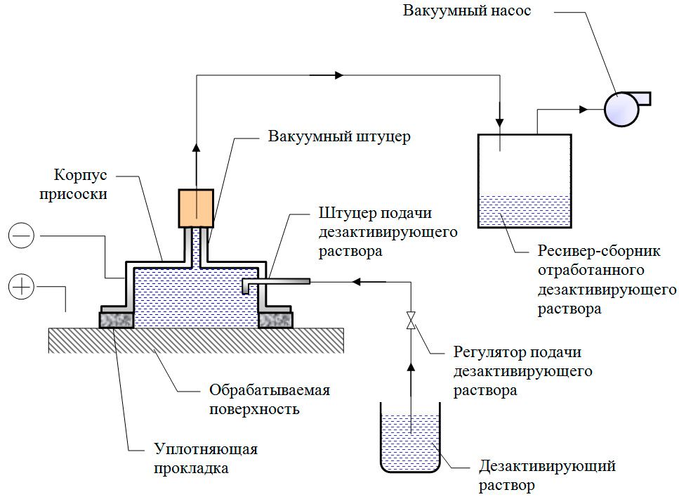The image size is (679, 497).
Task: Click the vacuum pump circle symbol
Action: [621, 109]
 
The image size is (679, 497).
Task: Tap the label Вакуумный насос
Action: [467, 11]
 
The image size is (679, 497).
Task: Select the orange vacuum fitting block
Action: [196, 208]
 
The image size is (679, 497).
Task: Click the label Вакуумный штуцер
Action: [339, 136]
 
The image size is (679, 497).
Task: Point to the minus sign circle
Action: [21, 235]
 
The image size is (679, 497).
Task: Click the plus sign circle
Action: [21, 287]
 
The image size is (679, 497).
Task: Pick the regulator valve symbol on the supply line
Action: [411, 320]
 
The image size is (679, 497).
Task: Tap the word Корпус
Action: [80, 175]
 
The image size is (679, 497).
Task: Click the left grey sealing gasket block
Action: [117, 321]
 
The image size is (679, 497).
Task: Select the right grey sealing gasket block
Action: [275, 321]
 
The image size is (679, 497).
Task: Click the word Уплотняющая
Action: [206, 449]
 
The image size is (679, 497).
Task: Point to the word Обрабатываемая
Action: [270, 390]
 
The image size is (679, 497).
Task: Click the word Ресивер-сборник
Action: [599, 251]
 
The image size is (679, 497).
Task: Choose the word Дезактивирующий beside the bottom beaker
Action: [547, 466]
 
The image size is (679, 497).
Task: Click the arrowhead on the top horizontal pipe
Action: [338, 75]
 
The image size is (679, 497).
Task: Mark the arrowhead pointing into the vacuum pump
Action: [584, 109]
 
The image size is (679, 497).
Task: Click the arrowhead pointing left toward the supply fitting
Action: [357, 282]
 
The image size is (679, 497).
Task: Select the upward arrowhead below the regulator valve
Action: [411, 368]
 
